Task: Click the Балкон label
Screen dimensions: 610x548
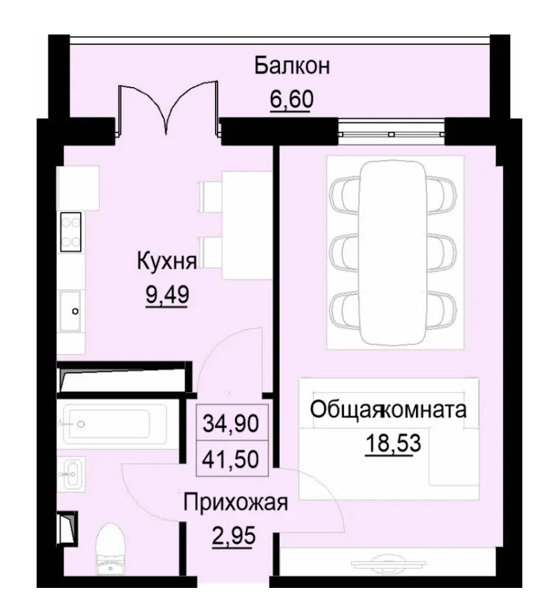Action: pos(291,66)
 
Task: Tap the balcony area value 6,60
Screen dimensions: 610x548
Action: pos(291,99)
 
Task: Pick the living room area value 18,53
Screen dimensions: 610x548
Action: pos(393,442)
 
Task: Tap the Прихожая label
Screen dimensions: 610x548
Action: pos(234,502)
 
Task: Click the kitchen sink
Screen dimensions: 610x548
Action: pos(71,311)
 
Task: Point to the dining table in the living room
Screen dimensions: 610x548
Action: pos(395,252)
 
